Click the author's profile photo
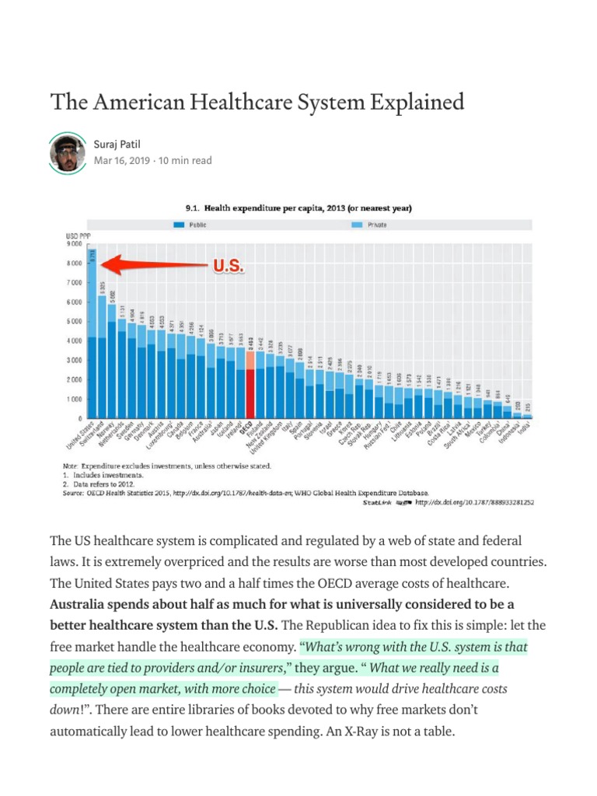(68, 152)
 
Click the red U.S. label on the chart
(229, 267)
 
